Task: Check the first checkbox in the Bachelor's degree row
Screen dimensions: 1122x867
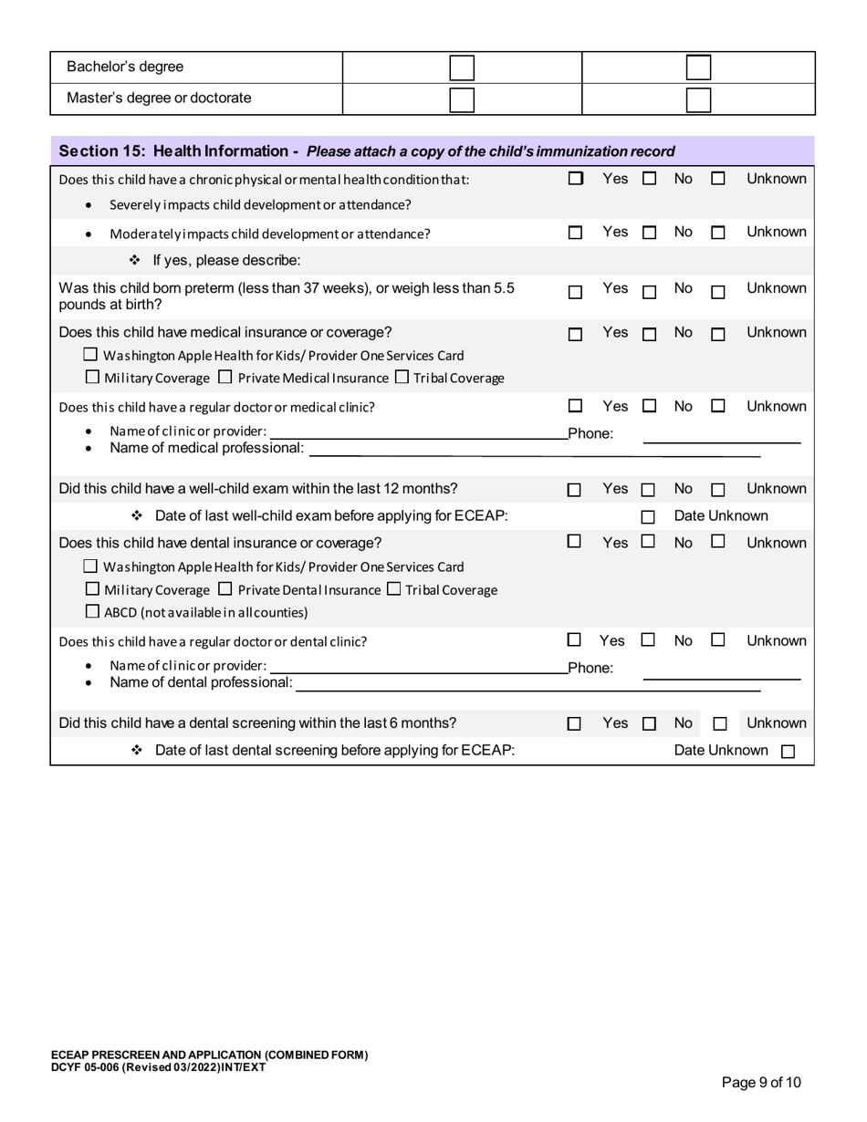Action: [x=462, y=68]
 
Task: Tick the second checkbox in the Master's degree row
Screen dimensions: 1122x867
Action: [x=698, y=99]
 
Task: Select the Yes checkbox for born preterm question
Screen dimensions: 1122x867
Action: [x=575, y=293]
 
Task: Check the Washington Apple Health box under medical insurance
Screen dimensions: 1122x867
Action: [x=90, y=355]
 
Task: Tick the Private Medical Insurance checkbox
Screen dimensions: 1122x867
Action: [x=225, y=377]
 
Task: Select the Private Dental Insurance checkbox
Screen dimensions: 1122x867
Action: [x=225, y=589]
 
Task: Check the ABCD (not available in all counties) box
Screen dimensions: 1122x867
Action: [x=90, y=611]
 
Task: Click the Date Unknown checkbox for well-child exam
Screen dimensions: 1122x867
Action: [x=648, y=517]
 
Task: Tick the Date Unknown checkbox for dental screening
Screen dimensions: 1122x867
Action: [x=789, y=752]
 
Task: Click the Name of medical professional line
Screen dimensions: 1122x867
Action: [x=534, y=452]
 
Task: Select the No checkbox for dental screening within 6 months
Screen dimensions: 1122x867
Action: [x=649, y=724]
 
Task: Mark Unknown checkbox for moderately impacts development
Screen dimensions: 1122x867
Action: [x=718, y=234]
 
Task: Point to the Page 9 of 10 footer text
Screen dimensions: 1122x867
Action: [x=761, y=1083]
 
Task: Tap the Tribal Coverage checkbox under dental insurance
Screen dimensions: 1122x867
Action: [x=393, y=589]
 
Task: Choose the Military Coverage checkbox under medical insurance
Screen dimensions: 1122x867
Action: [x=90, y=377]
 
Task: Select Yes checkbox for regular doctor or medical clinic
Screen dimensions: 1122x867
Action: [x=575, y=406]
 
